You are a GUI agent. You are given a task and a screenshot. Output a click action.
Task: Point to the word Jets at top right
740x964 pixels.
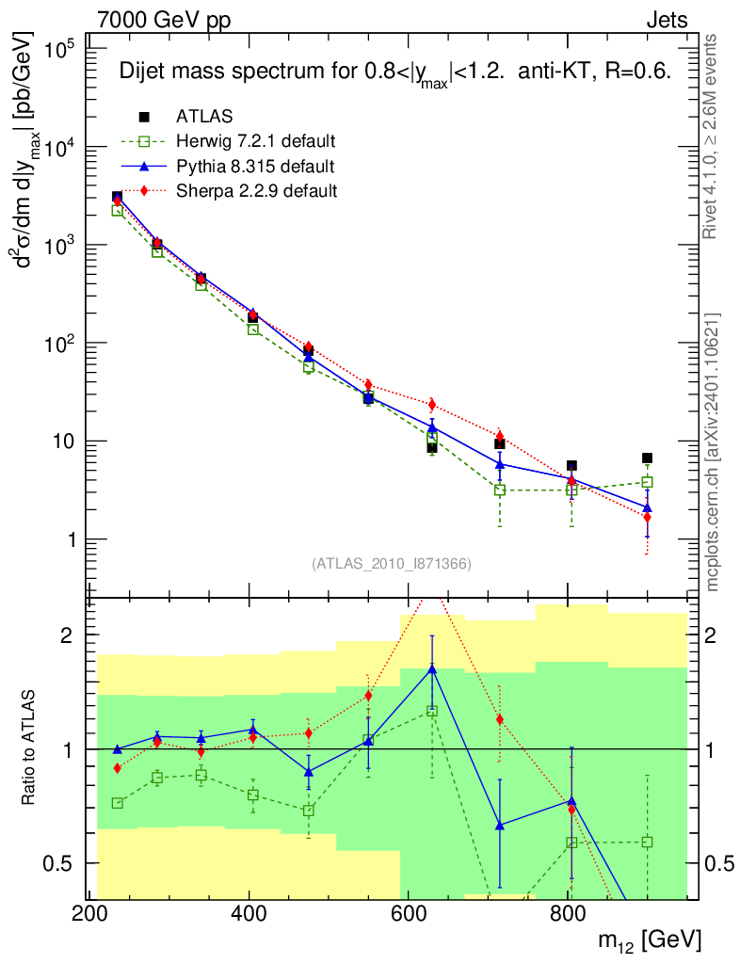pyautogui.click(x=667, y=20)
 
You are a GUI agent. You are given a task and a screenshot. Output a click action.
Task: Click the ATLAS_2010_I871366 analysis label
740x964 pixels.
pyautogui.click(x=391, y=564)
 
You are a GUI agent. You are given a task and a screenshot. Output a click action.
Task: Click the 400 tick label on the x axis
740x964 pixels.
pyautogui.click(x=249, y=913)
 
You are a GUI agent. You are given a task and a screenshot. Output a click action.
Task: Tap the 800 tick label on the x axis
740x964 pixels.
pyautogui.click(x=568, y=913)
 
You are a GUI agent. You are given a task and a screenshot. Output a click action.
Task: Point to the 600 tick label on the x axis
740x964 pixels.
pyautogui.click(x=409, y=913)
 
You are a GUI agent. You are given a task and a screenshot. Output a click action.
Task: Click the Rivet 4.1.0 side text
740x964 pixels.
pyautogui.click(x=713, y=137)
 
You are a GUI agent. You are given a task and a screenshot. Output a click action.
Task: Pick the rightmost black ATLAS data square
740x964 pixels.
pyautogui.click(x=647, y=458)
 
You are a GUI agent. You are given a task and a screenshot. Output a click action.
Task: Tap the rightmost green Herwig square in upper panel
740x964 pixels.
pyautogui.click(x=647, y=482)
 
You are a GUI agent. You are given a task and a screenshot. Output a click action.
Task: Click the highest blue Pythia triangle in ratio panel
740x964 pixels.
pyautogui.click(x=432, y=668)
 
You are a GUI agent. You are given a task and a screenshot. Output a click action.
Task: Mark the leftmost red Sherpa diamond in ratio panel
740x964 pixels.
pyautogui.click(x=118, y=768)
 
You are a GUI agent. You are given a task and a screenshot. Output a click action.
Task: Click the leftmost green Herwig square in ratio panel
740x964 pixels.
pyautogui.click(x=118, y=803)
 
